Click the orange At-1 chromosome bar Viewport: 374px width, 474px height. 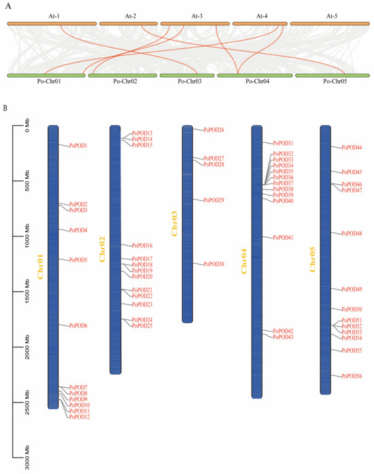tap(51, 24)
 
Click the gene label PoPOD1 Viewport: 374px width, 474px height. tap(78, 146)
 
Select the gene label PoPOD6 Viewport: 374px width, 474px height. tap(78, 326)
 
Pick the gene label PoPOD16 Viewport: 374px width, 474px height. tap(142, 245)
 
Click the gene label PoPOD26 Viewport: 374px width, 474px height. tap(214, 129)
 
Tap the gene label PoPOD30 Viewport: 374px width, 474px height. tap(214, 264)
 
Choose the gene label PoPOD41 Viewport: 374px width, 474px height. tap(283, 238)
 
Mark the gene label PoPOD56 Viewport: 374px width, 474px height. tap(352, 376)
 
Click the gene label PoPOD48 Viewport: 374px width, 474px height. tap(352, 234)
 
